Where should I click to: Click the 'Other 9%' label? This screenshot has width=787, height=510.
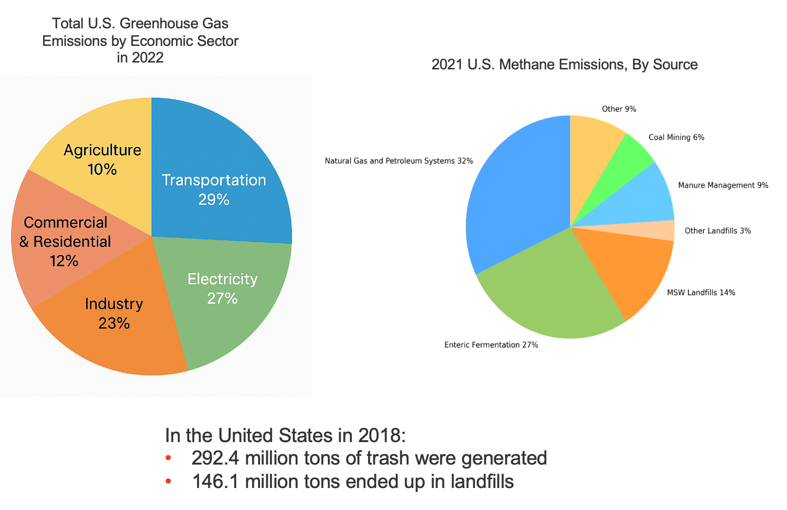[619, 109]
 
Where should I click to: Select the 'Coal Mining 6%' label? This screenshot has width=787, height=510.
[677, 137]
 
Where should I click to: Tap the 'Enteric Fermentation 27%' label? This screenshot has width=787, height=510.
[491, 345]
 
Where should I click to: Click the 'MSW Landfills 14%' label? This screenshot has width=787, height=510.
[701, 293]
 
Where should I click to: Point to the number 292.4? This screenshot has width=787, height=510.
[215, 458]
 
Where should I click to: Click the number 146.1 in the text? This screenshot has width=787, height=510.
[215, 482]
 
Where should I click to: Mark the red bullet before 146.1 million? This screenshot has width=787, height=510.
[168, 482]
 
